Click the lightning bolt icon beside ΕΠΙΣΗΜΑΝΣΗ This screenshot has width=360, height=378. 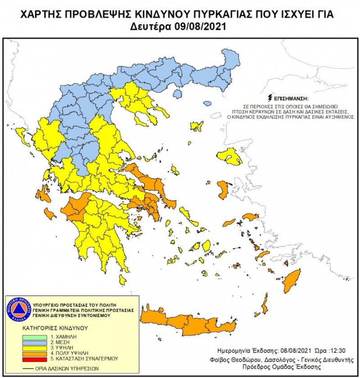(270, 98)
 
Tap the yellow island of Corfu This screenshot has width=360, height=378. (20, 133)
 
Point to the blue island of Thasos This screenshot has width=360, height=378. (177, 94)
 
